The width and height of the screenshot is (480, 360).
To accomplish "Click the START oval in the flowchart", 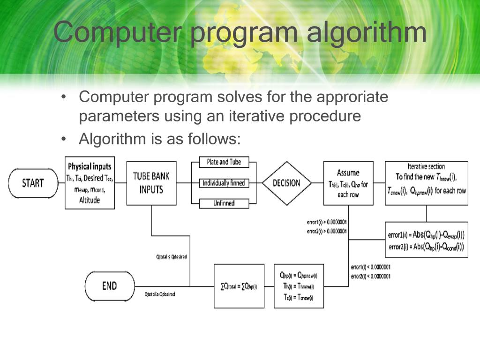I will point(33,183).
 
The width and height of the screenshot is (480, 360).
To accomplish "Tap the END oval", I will point(109,285).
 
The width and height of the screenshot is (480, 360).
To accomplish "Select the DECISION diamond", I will point(286,183).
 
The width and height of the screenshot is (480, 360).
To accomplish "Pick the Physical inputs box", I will point(90,183).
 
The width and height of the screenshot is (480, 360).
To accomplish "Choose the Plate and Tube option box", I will point(224,162).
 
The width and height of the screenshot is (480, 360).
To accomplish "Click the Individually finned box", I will point(224,183).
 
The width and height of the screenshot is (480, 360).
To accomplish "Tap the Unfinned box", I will point(224,203).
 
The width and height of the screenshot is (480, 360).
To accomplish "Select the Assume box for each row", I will point(348,183).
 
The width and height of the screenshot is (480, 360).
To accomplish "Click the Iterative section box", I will point(426,183).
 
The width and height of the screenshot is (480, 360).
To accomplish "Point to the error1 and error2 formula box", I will point(426,240).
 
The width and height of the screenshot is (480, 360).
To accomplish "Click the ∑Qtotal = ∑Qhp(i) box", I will point(239,286).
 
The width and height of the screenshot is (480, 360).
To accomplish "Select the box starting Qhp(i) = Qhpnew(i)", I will point(298,286).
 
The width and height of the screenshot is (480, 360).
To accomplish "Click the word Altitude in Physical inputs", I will point(90,201).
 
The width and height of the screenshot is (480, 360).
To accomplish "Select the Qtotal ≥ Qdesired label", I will point(160,294).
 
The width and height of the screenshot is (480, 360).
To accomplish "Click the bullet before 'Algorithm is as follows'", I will point(64,139).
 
